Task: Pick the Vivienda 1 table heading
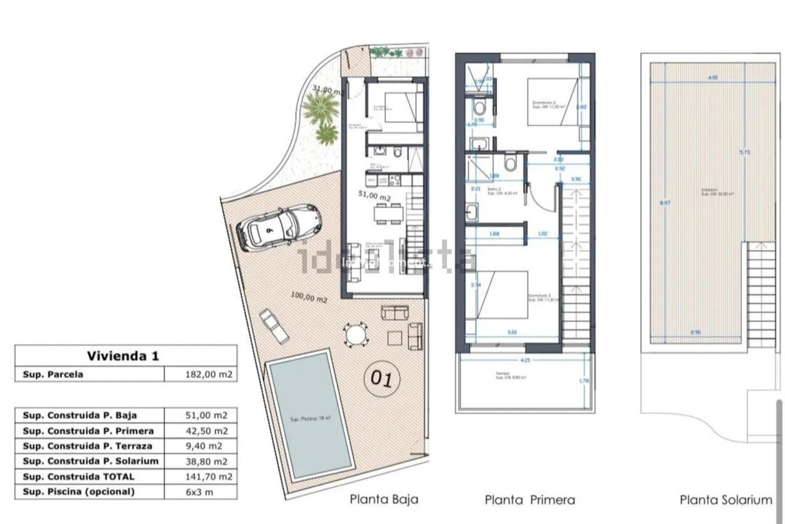(x=123, y=355)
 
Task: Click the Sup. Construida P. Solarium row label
(x=90, y=461)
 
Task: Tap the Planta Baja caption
(x=384, y=499)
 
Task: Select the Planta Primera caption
(x=530, y=500)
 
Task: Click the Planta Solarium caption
(x=726, y=500)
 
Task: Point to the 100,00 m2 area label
(x=309, y=297)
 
